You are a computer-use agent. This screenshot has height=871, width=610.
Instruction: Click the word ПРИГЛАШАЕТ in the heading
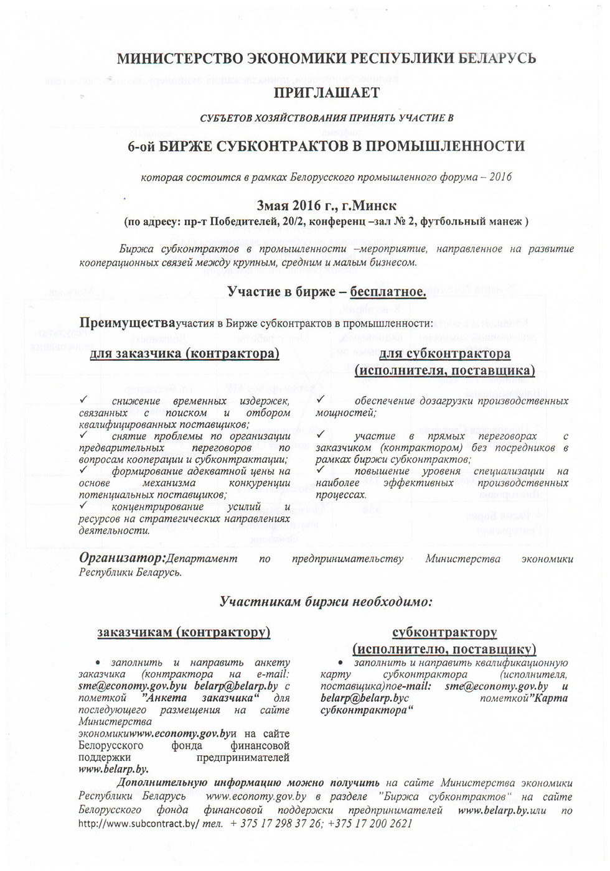pos(326,93)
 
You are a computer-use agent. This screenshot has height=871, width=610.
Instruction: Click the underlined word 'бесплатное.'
pos(388,291)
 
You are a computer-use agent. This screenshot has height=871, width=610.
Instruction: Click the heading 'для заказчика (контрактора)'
pos(184,353)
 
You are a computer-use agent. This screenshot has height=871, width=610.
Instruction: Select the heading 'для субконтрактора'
pos(444,353)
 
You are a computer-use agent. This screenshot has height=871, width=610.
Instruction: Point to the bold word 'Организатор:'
pos(122,558)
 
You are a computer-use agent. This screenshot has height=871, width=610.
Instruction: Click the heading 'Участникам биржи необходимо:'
pos(326,602)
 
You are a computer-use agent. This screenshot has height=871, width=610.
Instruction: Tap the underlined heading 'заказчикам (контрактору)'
pos(184,632)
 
